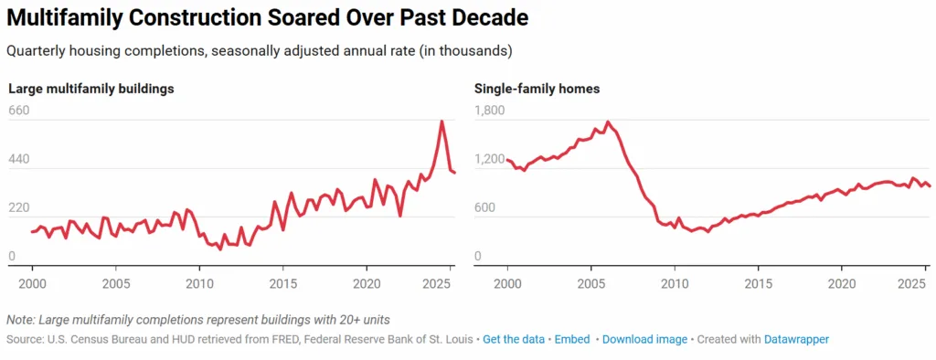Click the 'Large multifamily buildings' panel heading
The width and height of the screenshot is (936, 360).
[91, 89]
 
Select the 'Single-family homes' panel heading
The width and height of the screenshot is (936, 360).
[537, 89]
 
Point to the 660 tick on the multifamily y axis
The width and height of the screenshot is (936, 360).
[19, 111]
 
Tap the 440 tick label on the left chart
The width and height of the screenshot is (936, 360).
[19, 159]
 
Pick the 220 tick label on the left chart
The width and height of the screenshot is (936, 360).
[19, 207]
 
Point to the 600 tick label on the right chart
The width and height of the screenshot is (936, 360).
[485, 207]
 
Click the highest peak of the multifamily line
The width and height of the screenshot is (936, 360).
[441, 122]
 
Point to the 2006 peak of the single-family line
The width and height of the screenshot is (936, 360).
[608, 122]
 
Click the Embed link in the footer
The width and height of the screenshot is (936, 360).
[572, 339]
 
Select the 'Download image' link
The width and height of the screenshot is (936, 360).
[644, 339]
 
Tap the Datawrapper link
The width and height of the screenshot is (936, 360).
[796, 339]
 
